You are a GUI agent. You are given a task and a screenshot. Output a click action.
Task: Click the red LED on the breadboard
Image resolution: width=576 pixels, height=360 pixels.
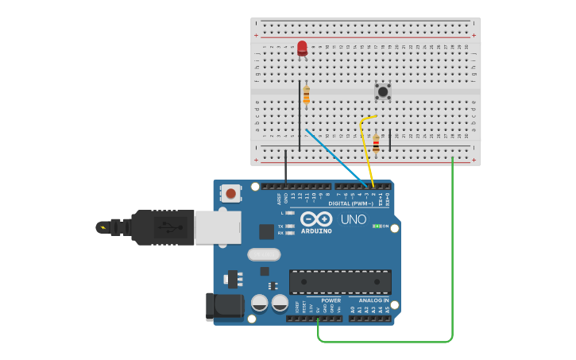302,48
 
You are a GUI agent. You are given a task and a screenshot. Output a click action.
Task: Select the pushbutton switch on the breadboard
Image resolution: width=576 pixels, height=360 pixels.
383,91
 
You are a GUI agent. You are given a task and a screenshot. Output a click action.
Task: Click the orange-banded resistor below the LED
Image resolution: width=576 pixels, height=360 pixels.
307,95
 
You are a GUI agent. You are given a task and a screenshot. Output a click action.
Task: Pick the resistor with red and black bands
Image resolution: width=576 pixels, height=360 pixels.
376,144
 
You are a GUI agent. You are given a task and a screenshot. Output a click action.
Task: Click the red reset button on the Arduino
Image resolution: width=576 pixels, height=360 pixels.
231,193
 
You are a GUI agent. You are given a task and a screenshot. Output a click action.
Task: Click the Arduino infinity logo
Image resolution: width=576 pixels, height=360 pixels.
316,219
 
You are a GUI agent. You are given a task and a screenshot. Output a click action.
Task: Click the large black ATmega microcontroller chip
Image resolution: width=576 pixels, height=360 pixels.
340,281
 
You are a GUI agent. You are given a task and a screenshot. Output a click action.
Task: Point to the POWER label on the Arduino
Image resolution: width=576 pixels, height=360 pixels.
331,300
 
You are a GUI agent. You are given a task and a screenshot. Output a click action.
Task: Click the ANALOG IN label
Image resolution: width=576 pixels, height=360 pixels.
374,300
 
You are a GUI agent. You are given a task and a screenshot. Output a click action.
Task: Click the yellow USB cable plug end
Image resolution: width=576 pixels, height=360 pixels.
103,228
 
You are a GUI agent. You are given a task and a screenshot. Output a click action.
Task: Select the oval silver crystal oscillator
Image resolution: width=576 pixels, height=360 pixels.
264,255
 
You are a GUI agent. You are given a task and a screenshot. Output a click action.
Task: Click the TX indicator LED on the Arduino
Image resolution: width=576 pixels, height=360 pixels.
289,226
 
